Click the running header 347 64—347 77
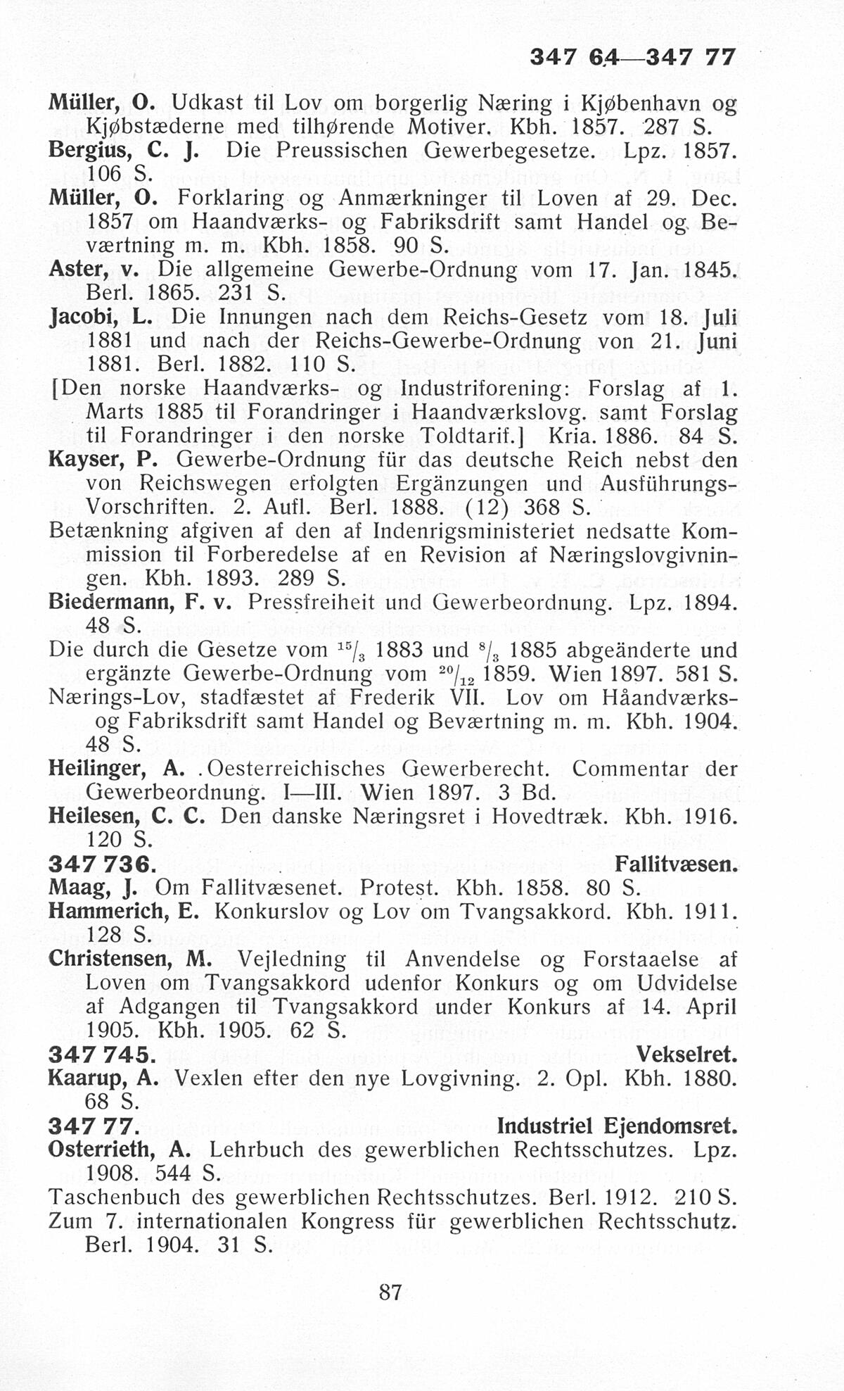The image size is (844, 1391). pyautogui.click(x=632, y=57)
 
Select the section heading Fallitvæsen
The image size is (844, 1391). pyautogui.click(x=676, y=864)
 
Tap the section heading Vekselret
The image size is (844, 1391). pyautogui.click(x=686, y=1054)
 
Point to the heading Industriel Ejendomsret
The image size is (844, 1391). pyautogui.click(x=617, y=1126)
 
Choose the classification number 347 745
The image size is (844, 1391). pyautogui.click(x=102, y=1054)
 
